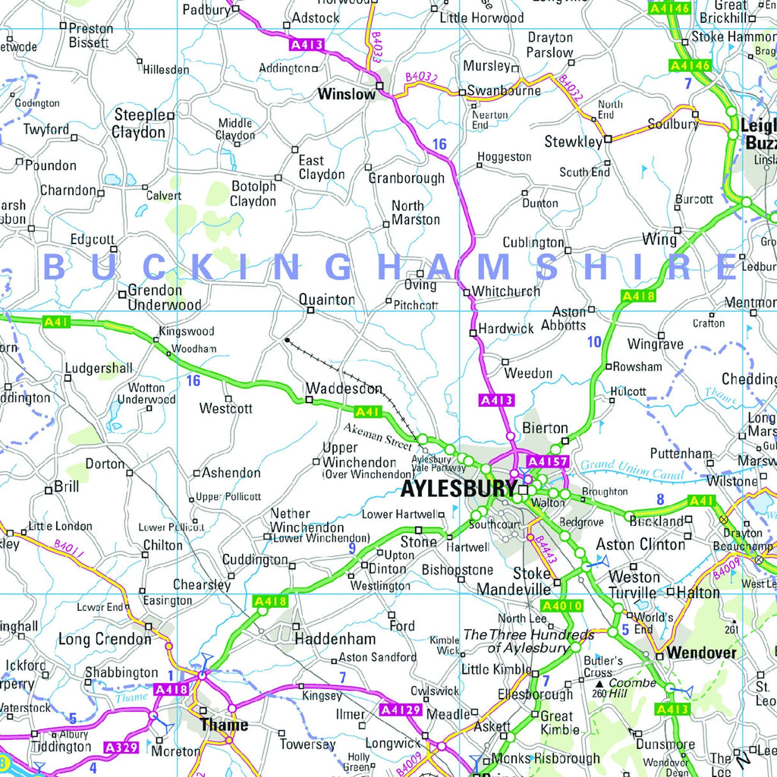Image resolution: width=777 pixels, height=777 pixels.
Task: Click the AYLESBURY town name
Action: (459, 488)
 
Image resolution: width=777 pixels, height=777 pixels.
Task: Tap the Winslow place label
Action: (347, 95)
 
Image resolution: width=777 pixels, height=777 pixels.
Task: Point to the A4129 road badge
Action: (400, 710)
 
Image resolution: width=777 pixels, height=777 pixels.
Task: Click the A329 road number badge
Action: (121, 748)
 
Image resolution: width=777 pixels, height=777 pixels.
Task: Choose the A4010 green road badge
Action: (562, 606)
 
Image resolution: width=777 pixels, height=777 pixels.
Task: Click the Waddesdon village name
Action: (344, 388)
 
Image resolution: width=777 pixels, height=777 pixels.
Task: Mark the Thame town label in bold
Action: (224, 725)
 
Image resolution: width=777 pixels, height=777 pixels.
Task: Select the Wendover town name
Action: (702, 653)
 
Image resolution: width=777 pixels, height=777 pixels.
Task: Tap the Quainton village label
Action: (326, 300)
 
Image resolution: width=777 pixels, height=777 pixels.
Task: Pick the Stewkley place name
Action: (573, 142)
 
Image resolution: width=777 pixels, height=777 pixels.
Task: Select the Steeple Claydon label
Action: (140, 124)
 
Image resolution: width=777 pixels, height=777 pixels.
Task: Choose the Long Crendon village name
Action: (105, 640)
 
